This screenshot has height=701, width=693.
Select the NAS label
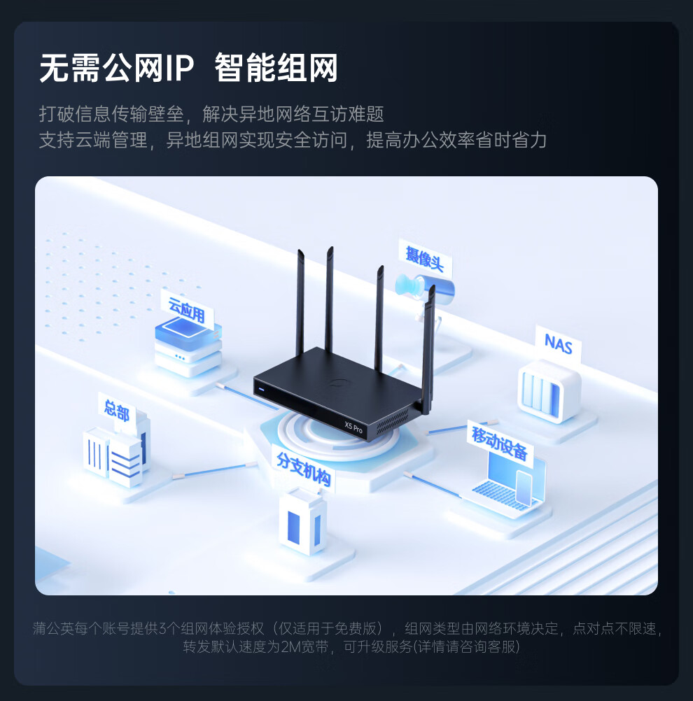pyautogui.click(x=558, y=344)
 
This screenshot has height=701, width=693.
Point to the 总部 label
pyautogui.click(x=117, y=409)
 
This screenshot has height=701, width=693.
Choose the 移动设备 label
pyautogui.click(x=499, y=444)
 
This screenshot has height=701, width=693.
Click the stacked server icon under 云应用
pyautogui.click(x=188, y=350)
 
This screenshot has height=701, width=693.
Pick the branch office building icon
pyautogui.click(x=302, y=521)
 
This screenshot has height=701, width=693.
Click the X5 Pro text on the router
pyautogui.click(x=353, y=425)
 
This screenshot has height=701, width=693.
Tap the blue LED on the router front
pyautogui.click(x=261, y=389)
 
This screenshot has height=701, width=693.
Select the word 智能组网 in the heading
pyautogui.click(x=276, y=69)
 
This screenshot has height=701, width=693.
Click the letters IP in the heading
pyautogui.click(x=180, y=69)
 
